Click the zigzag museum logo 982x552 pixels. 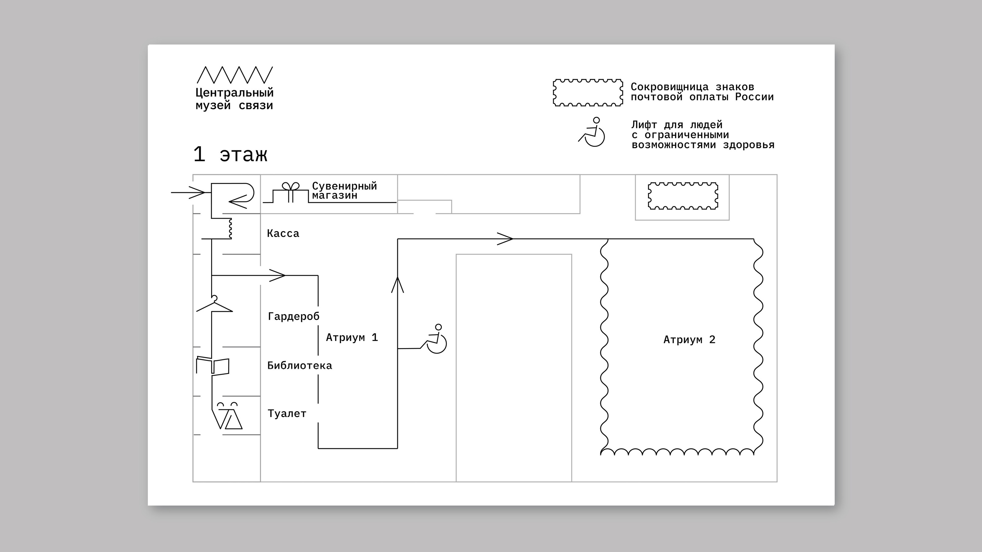[x=234, y=75]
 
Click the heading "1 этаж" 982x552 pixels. [x=230, y=154]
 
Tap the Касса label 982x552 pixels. [x=283, y=233]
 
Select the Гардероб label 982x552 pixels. [x=294, y=316]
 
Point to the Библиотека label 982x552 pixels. [x=300, y=366]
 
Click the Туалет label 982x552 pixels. [x=287, y=414]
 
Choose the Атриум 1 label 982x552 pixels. [x=351, y=338]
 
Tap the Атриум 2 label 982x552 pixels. [x=689, y=340]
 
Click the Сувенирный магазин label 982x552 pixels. [x=344, y=190]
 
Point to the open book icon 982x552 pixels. [x=213, y=366]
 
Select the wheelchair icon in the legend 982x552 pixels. [x=592, y=132]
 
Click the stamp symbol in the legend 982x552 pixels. [x=588, y=93]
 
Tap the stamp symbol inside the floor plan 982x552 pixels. [x=683, y=196]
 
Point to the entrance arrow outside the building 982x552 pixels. [x=189, y=192]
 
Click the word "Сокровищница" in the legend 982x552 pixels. [x=669, y=87]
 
